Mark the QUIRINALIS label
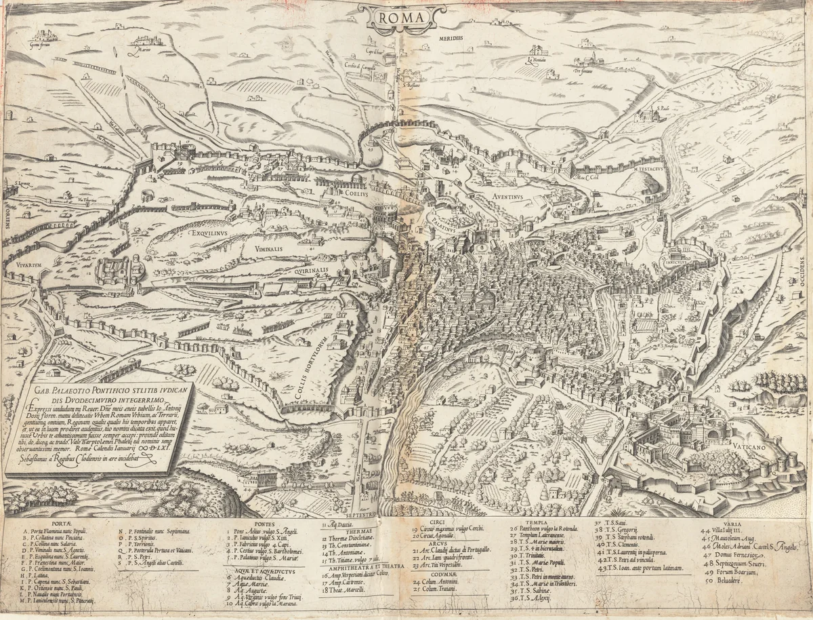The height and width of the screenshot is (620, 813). (311, 269)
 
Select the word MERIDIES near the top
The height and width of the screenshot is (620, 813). (451, 39)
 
